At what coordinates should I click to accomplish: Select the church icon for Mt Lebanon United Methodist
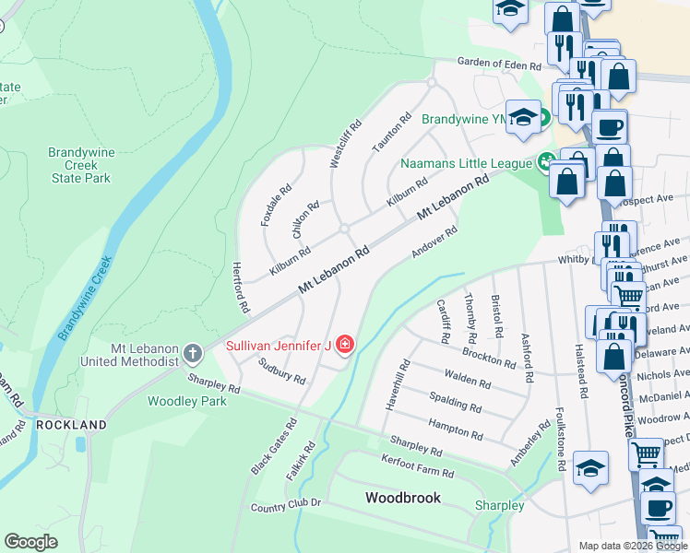(x=192, y=353)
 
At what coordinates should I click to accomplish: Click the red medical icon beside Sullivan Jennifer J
(x=345, y=346)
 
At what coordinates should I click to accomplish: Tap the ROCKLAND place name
(x=71, y=425)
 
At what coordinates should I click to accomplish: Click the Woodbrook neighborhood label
(x=402, y=498)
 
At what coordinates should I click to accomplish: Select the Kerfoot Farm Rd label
(x=418, y=465)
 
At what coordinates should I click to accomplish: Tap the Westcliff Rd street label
(x=346, y=144)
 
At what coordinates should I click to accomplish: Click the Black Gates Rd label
(x=274, y=447)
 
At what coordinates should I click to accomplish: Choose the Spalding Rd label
(x=456, y=402)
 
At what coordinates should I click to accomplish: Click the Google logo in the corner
(x=31, y=541)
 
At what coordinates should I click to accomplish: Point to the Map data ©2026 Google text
(x=632, y=546)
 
